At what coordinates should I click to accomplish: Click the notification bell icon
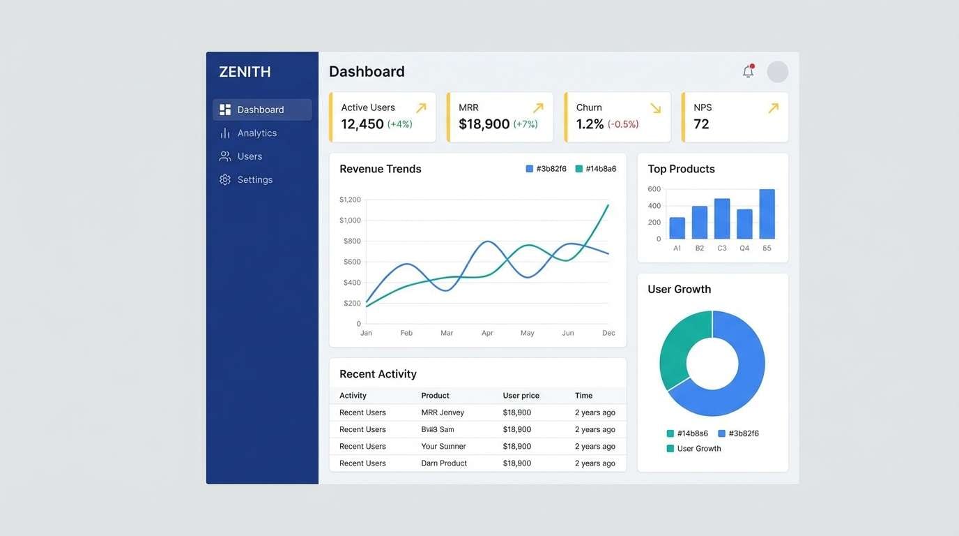pyautogui.click(x=748, y=71)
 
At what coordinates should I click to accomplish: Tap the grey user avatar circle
pyautogui.click(x=777, y=72)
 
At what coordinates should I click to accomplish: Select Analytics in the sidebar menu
pyautogui.click(x=256, y=133)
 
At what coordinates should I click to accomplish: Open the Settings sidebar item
pyautogui.click(x=254, y=179)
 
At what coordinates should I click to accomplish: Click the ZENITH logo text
pyautogui.click(x=245, y=72)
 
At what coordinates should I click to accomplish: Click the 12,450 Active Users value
pyautogui.click(x=362, y=124)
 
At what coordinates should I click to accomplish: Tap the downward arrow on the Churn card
pyautogui.click(x=655, y=108)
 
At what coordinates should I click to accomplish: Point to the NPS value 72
pyautogui.click(x=701, y=124)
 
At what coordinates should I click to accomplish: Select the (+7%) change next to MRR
pyautogui.click(x=525, y=124)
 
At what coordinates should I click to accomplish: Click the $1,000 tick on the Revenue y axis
pyautogui.click(x=350, y=220)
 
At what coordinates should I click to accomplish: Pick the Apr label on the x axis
pyautogui.click(x=487, y=333)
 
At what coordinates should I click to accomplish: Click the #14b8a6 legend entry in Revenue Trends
pyautogui.click(x=596, y=169)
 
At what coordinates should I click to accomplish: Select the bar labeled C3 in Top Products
pyautogui.click(x=722, y=218)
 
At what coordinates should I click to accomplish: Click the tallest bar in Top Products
pyautogui.click(x=767, y=214)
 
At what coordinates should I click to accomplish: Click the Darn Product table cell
pyautogui.click(x=444, y=463)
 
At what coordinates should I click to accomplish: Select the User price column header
pyautogui.click(x=521, y=396)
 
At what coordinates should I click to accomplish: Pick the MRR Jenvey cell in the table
pyautogui.click(x=443, y=412)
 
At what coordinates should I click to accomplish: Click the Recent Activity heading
pyautogui.click(x=378, y=374)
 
